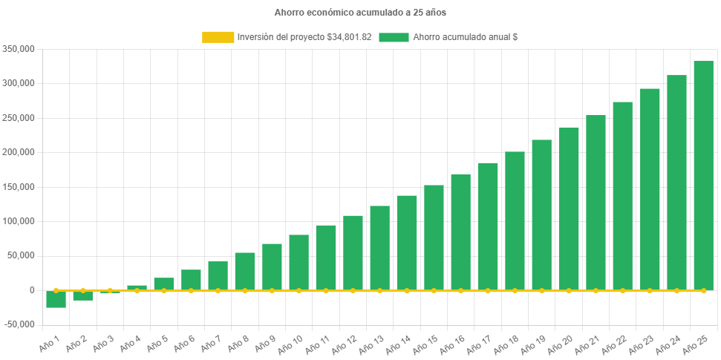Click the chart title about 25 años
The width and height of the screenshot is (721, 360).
[360, 13]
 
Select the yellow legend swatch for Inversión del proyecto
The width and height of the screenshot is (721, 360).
[217, 36]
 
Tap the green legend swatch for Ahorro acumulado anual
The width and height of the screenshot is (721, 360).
[394, 36]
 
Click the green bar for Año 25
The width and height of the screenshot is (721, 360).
[703, 175]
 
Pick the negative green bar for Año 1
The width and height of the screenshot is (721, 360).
[56, 299]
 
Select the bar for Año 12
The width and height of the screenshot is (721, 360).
[353, 252]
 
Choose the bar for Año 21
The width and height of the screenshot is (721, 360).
[596, 202]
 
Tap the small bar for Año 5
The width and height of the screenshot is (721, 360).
[164, 284]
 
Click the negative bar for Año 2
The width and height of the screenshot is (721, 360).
[82, 295]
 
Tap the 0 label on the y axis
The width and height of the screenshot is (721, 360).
[32, 290]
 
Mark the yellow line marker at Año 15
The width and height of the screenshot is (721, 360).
[434, 290]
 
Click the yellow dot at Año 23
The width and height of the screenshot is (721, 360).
[650, 290]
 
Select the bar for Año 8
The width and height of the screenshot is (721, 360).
[245, 271]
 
